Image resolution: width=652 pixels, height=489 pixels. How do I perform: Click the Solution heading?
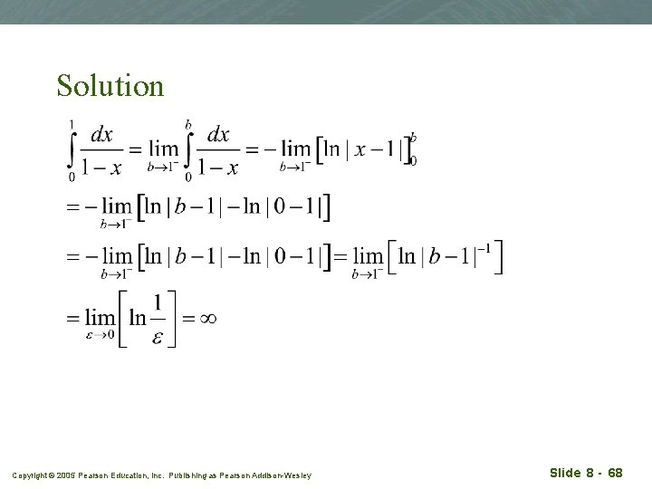110,85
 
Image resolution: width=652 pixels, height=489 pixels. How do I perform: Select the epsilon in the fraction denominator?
158,338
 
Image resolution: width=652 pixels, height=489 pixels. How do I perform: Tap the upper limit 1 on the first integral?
72,124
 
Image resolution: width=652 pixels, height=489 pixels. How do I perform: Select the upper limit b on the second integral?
188,124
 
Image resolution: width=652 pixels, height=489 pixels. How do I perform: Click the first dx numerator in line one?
101,136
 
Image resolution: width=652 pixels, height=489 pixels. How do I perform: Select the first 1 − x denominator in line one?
102,168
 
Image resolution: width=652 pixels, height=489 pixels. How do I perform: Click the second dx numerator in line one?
218,136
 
